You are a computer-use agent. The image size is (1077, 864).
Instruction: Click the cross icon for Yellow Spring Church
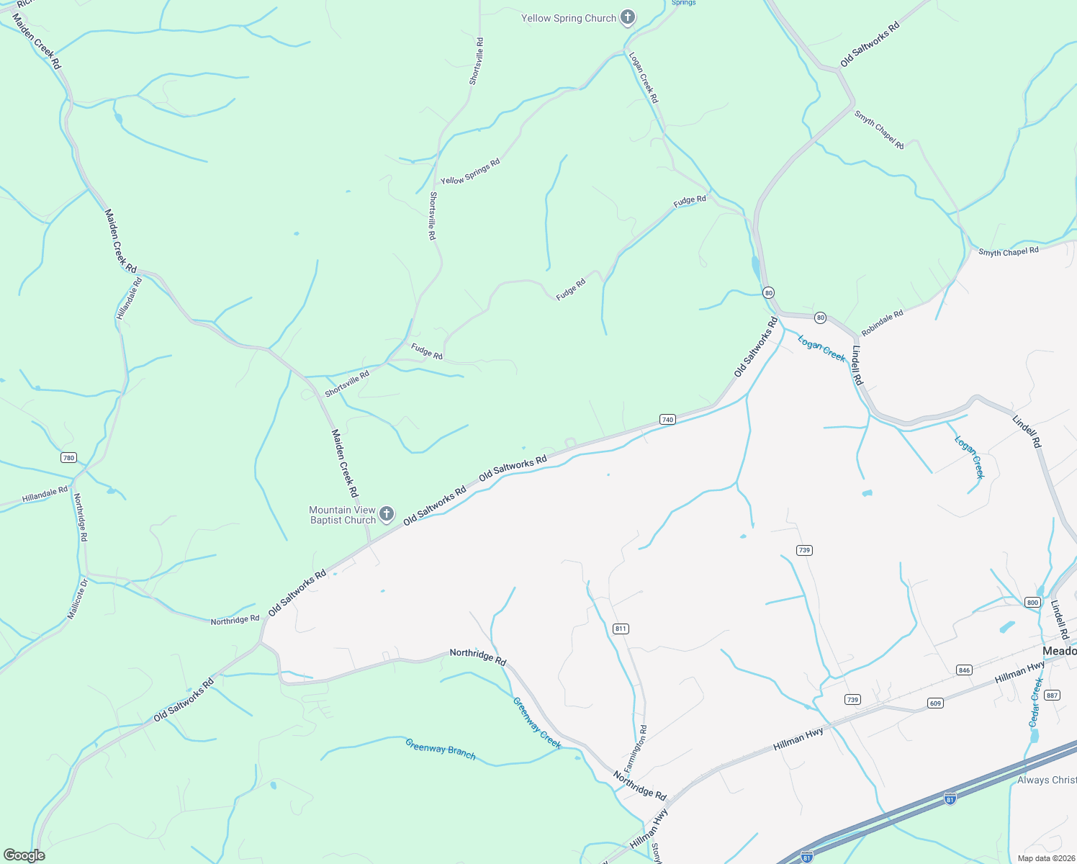[x=628, y=17]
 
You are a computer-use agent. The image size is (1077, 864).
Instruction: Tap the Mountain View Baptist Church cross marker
[x=387, y=514]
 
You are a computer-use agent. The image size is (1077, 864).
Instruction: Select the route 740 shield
[x=667, y=420]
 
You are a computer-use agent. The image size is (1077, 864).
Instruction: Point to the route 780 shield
[x=68, y=458]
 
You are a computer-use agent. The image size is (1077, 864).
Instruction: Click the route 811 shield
[x=621, y=629]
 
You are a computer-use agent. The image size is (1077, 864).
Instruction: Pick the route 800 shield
[x=1033, y=603]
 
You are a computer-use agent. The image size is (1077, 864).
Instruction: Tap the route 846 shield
[x=964, y=670]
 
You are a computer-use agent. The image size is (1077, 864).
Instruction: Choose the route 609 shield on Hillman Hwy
[x=934, y=703]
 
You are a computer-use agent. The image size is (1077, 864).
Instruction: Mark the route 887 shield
[x=1052, y=695]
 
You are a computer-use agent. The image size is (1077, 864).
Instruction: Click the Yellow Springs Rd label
[x=470, y=172]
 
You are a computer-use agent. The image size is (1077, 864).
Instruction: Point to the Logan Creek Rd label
[x=644, y=77]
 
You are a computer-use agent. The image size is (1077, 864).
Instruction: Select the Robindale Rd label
[x=882, y=324]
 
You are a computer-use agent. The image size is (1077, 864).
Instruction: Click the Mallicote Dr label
[x=77, y=599]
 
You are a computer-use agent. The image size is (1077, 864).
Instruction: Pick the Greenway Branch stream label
[x=440, y=750]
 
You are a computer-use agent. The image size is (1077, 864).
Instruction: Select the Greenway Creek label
[x=536, y=723]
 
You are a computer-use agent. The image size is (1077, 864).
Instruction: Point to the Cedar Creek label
[x=1035, y=702]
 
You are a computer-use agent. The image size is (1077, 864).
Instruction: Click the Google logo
[x=24, y=855]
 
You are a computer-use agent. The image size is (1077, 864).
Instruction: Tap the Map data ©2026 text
[x=1045, y=858]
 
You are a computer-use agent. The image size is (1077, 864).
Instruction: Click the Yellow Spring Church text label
[x=569, y=18]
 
